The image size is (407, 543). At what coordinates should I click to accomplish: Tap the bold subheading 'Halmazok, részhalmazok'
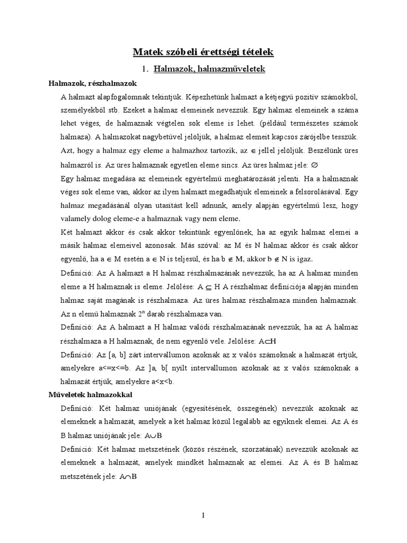[x=93, y=83]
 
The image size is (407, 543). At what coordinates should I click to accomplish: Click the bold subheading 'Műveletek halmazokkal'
[x=91, y=396]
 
